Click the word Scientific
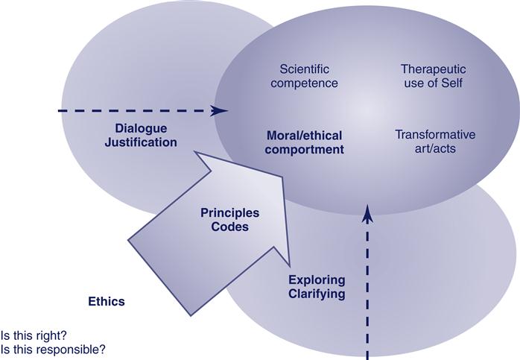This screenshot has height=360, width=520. [305, 69]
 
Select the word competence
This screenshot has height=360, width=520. [305, 83]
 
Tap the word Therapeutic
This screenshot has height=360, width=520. [431, 69]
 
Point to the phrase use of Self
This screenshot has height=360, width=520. [431, 83]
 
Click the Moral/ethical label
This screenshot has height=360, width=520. [305, 136]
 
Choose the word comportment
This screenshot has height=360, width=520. [305, 149]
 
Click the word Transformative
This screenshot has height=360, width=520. [435, 135]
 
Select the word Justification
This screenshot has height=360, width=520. [141, 141]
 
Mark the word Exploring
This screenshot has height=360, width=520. [317, 280]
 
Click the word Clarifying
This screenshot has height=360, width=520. [317, 294]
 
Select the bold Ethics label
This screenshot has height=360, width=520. [107, 302]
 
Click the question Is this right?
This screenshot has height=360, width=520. [34, 335]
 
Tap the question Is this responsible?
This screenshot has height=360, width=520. [54, 348]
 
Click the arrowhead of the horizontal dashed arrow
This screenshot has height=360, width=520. [221, 111]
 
